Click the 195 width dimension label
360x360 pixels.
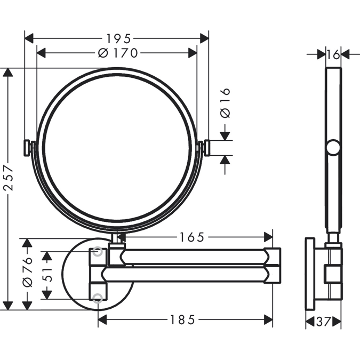[x=117, y=38]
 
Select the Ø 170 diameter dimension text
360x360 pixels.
[x=118, y=53]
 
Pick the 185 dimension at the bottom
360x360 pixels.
[x=182, y=319]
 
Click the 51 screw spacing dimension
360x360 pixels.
[x=47, y=274]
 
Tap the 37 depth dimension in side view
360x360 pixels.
[x=323, y=322]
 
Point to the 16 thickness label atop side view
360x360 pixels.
[x=333, y=54]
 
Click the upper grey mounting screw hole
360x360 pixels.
[x=97, y=252]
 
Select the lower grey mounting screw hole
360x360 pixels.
[x=97, y=298]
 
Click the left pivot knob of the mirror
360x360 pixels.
[x=28, y=147]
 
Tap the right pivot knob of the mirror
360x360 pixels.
[x=205, y=148]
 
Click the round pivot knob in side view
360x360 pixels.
[x=333, y=147]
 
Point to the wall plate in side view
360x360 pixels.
[x=310, y=274]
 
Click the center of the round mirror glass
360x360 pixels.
[x=117, y=149]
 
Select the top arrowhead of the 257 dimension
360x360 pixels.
[x=7, y=73]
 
